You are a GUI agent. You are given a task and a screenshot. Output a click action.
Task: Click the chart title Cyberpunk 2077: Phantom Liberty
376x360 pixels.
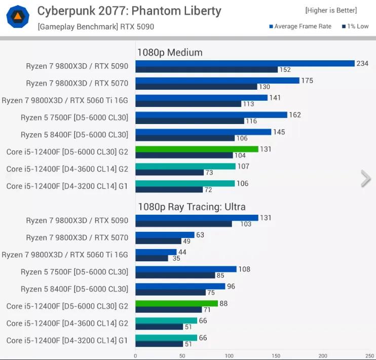129,11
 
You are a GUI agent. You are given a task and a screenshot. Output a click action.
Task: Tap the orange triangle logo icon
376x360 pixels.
18,17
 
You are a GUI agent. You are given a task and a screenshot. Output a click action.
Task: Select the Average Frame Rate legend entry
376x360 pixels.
300,26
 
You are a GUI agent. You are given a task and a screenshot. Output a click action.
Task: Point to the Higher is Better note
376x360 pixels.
330,10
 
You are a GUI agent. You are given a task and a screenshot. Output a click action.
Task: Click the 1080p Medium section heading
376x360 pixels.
169,52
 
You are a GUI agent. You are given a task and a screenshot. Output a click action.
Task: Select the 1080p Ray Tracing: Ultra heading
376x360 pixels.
191,207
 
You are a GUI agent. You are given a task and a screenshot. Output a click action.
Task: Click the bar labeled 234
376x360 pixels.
245,63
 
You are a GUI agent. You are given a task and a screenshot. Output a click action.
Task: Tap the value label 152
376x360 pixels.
285,70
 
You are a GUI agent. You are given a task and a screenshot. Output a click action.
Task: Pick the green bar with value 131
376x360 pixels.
197,149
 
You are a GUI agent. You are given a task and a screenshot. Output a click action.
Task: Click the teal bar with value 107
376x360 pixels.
185,166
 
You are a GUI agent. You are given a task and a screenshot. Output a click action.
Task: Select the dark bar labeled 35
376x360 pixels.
152,258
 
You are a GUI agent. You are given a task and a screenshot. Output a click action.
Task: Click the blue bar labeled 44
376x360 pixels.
156,252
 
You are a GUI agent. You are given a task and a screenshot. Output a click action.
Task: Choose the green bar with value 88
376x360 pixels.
176,303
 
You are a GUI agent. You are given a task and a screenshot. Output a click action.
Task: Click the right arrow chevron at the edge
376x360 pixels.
365,178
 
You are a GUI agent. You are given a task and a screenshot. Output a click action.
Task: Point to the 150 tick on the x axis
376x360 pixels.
276,355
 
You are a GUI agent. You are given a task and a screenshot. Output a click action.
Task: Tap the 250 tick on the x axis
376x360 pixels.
370,355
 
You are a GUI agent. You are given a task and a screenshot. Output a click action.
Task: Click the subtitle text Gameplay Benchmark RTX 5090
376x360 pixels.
96,26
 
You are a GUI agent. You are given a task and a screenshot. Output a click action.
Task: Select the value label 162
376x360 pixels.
294,115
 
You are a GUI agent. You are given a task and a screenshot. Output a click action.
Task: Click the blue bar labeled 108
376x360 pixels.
186,269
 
